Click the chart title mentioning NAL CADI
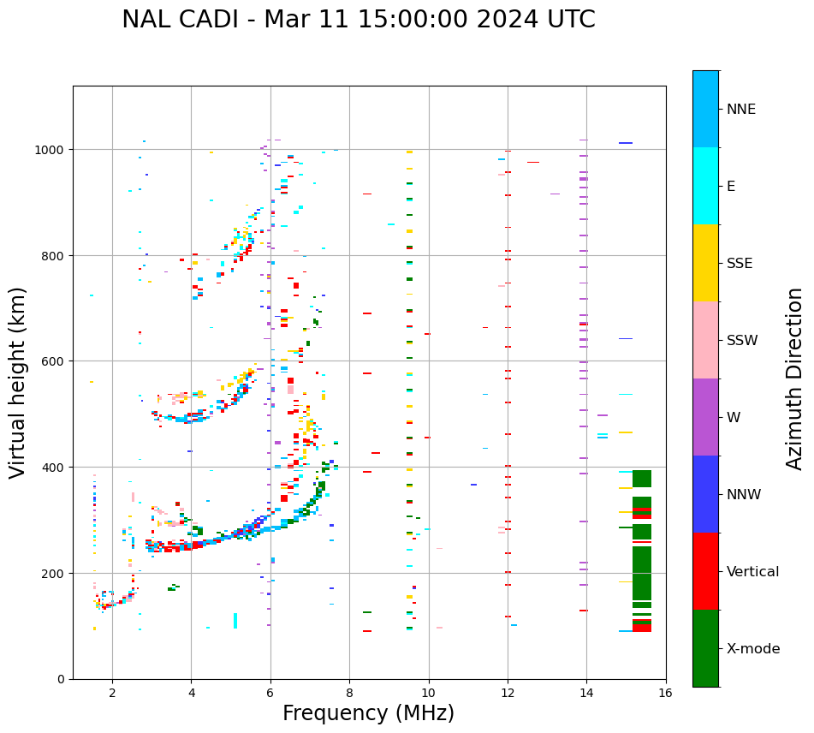click(358, 20)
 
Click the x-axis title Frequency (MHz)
click(368, 713)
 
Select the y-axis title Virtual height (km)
click(18, 382)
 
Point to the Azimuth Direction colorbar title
click(795, 378)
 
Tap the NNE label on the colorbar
click(741, 109)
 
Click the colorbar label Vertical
click(752, 571)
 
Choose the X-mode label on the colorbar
click(753, 648)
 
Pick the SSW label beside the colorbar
click(742, 340)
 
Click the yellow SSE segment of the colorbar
click(705, 263)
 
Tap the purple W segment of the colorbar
click(705, 417)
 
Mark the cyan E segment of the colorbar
click(705, 186)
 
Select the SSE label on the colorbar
click(740, 263)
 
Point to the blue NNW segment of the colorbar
click(705, 494)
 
